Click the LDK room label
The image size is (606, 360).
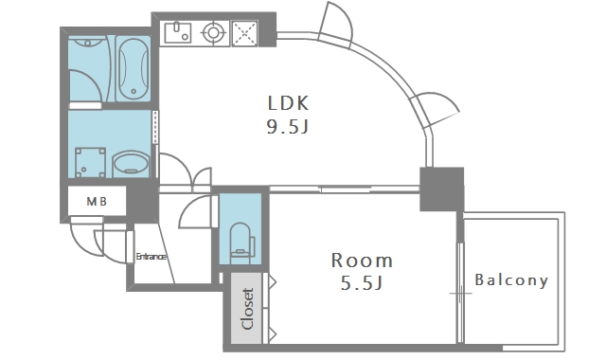pos(288,103)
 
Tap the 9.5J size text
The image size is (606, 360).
pos(288,126)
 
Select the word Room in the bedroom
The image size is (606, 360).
pos(362,261)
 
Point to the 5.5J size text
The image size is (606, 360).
pos(362,283)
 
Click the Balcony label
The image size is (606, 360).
pos(511,279)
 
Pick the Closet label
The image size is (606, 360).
pos(247,309)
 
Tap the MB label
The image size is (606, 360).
pos(97,201)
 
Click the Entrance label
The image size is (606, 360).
pos(151,257)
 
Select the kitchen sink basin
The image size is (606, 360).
pos(178,32)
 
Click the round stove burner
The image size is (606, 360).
pos(213,32)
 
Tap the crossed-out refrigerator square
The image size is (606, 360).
pos(244,33)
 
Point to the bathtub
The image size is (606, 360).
pos(133,68)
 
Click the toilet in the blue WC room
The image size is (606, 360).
pos(241,243)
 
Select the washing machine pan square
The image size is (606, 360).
pos(91,162)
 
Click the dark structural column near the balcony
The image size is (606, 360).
pos(442,189)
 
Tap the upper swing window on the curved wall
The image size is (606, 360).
pos(335,25)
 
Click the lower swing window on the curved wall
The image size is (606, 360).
pos(435,110)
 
